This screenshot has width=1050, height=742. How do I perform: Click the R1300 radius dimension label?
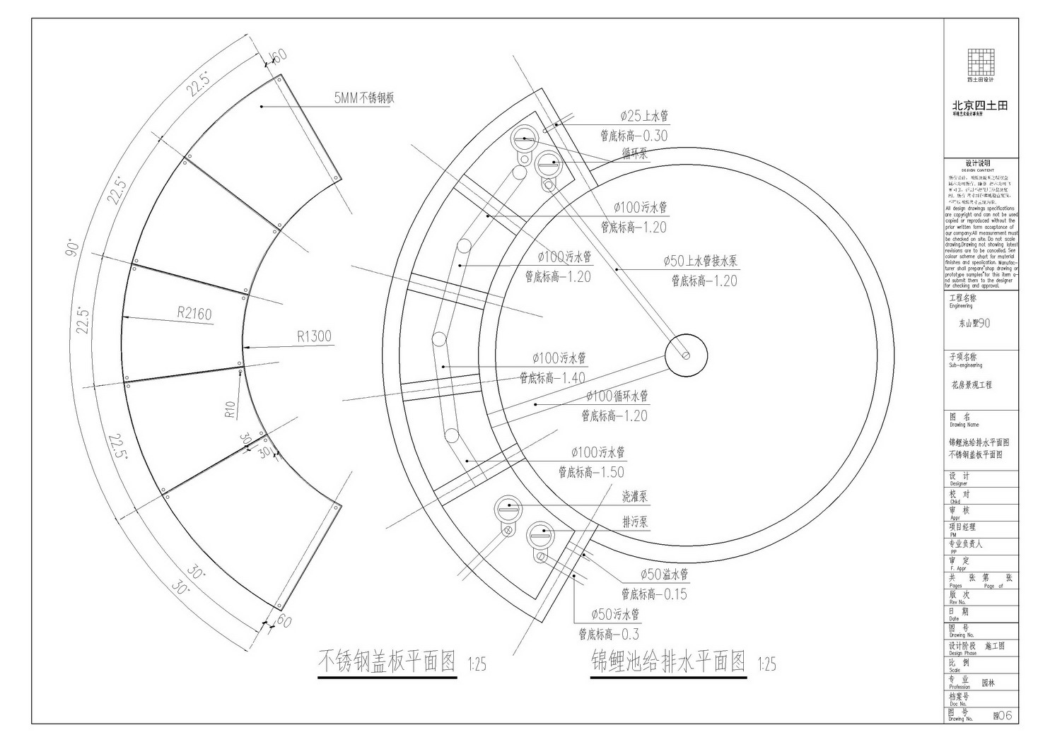point(314,336)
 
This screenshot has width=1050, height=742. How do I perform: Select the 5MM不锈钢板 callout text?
point(364,98)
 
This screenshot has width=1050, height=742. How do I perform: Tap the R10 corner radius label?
point(230,411)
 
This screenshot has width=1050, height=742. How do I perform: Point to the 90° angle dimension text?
point(72,249)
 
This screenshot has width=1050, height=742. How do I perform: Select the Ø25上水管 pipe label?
point(643,116)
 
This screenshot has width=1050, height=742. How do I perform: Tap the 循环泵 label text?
point(634,153)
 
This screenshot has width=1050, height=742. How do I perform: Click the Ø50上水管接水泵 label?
point(700,261)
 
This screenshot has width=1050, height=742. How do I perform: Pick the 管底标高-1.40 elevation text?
point(552,378)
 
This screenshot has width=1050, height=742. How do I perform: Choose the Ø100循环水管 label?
point(616,396)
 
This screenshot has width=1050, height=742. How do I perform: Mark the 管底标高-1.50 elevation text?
point(591,471)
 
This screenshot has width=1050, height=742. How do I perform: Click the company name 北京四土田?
point(979,105)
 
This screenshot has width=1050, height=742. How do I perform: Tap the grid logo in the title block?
point(980,61)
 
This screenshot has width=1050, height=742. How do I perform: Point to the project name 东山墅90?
point(974,323)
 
